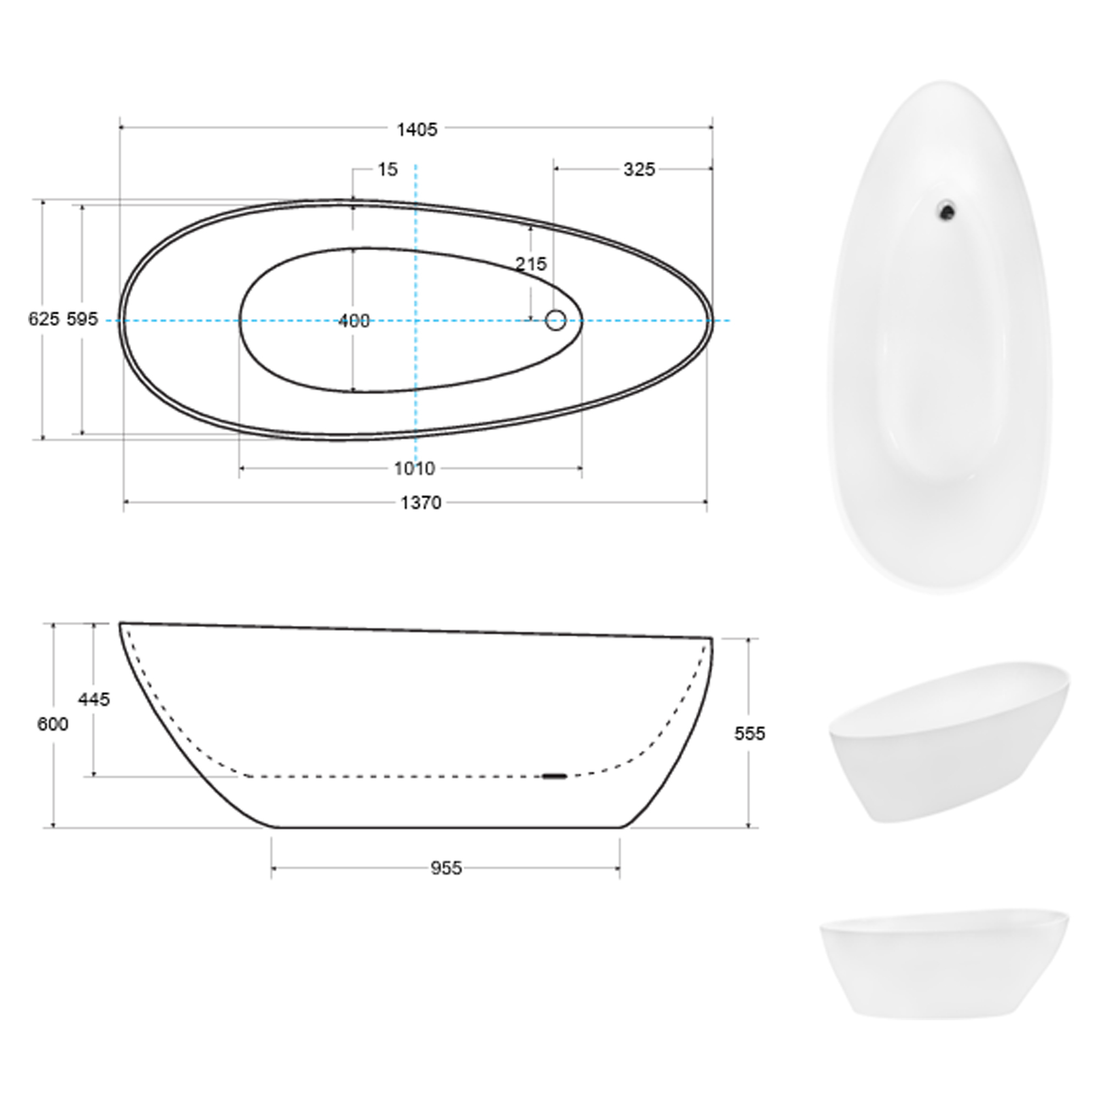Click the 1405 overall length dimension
(417, 130)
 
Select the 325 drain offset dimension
(639, 169)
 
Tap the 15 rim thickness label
(388, 169)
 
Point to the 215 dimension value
(531, 263)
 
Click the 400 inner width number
(354, 321)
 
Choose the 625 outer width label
(43, 320)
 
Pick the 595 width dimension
(82, 320)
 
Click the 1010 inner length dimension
(415, 469)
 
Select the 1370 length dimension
(421, 503)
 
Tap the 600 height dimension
(52, 724)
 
